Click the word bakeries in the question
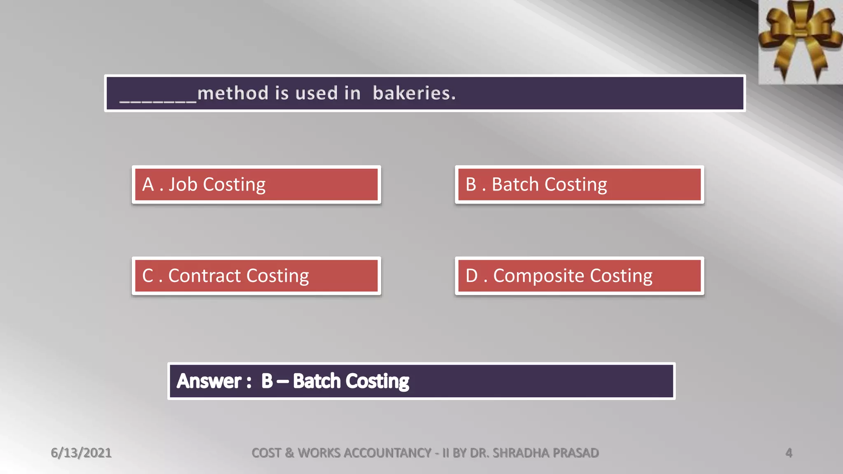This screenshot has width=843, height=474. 414,93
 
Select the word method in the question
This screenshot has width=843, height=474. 233,93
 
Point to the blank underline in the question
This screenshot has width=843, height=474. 158,99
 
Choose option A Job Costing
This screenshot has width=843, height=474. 256,185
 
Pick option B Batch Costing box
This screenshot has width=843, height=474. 579,185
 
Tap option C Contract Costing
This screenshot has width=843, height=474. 256,276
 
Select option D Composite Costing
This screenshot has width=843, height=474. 579,276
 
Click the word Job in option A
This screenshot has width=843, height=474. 183,185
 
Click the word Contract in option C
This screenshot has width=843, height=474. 205,276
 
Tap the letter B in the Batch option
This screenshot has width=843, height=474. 471,185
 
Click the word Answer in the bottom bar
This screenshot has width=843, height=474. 209,381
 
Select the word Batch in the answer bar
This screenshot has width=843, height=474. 317,381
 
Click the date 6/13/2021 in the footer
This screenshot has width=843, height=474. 81,453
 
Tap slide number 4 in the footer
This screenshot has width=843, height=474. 789,453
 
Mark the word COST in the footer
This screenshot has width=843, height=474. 266,453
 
